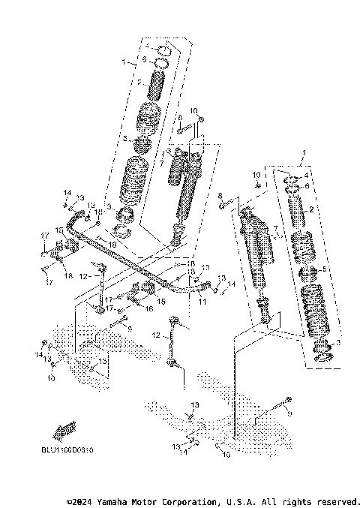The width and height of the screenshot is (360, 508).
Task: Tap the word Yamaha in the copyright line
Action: [120, 500]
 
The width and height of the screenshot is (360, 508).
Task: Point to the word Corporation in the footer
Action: [190, 500]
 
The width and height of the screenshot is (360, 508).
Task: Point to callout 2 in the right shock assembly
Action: [312, 209]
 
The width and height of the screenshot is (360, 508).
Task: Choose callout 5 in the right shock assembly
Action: [325, 269]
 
